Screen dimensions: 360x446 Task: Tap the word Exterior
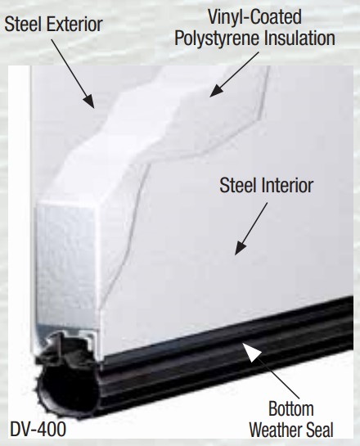(74, 25)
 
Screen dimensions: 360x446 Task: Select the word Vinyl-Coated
(254, 17)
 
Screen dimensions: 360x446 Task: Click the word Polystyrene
(218, 38)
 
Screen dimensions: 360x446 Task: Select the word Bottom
(291, 408)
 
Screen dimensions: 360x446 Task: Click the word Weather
(276, 430)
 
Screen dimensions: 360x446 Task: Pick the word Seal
(319, 430)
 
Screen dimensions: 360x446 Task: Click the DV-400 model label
(38, 429)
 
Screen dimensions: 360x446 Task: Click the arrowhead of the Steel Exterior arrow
(89, 101)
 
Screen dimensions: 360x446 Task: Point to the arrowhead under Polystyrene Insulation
(216, 91)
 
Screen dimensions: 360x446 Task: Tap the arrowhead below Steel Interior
(240, 248)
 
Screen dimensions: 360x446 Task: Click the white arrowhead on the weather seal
(251, 351)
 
